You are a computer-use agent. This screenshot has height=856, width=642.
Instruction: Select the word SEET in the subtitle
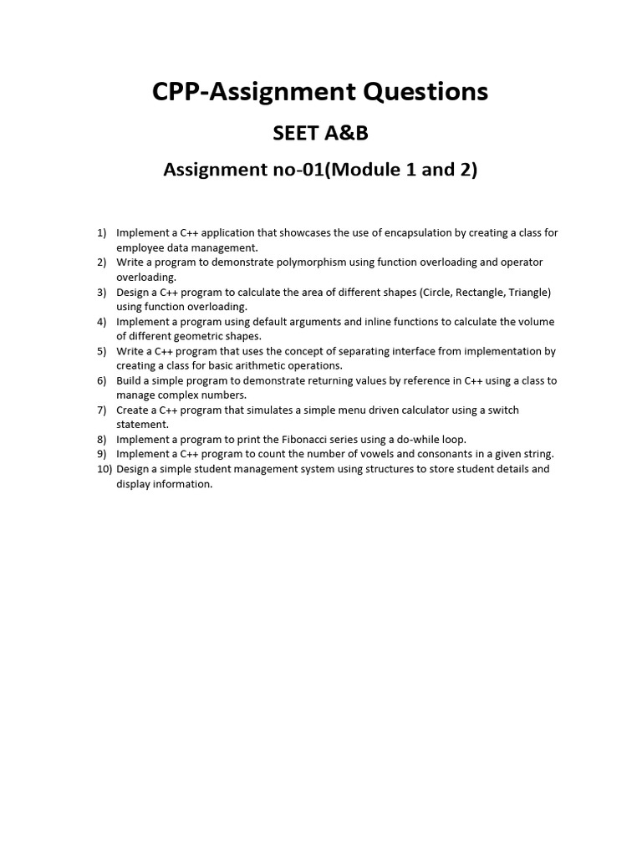pos(293,133)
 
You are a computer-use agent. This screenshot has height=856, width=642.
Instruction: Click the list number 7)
pos(102,410)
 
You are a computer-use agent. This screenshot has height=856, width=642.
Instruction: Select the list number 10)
pos(103,469)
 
